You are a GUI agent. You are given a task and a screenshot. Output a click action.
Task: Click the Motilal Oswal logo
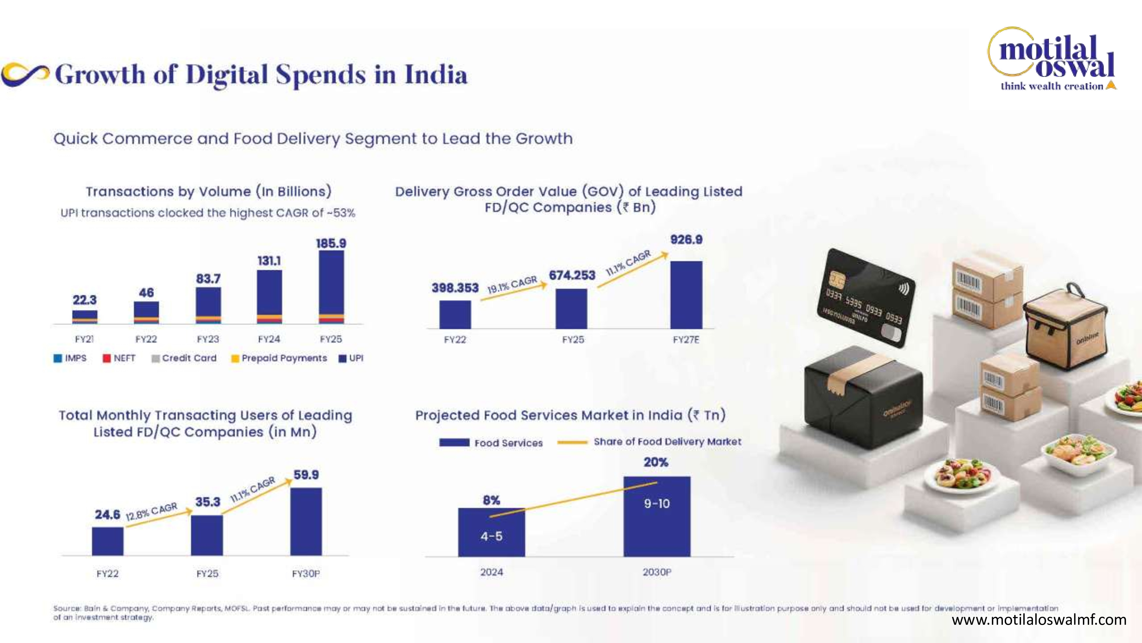[1051, 59]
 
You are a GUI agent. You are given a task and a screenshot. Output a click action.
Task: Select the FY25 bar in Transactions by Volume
[331, 287]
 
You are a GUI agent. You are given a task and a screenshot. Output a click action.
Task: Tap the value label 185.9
[331, 243]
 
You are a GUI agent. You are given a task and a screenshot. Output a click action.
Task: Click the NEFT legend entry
[119, 358]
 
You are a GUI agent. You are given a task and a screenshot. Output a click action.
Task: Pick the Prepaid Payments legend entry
[279, 358]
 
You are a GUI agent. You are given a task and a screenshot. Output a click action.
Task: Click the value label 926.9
[686, 240]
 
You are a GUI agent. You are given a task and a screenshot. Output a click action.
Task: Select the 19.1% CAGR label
[512, 284]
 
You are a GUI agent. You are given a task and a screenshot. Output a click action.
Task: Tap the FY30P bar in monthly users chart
[306, 522]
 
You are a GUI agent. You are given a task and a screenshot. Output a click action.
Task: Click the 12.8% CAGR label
[152, 512]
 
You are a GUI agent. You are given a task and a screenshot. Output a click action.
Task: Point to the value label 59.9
[306, 475]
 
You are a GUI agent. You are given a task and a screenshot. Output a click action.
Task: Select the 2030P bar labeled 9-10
[657, 516]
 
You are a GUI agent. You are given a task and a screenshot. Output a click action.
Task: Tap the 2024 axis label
[492, 572]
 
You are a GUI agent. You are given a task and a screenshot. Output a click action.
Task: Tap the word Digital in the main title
[227, 75]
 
